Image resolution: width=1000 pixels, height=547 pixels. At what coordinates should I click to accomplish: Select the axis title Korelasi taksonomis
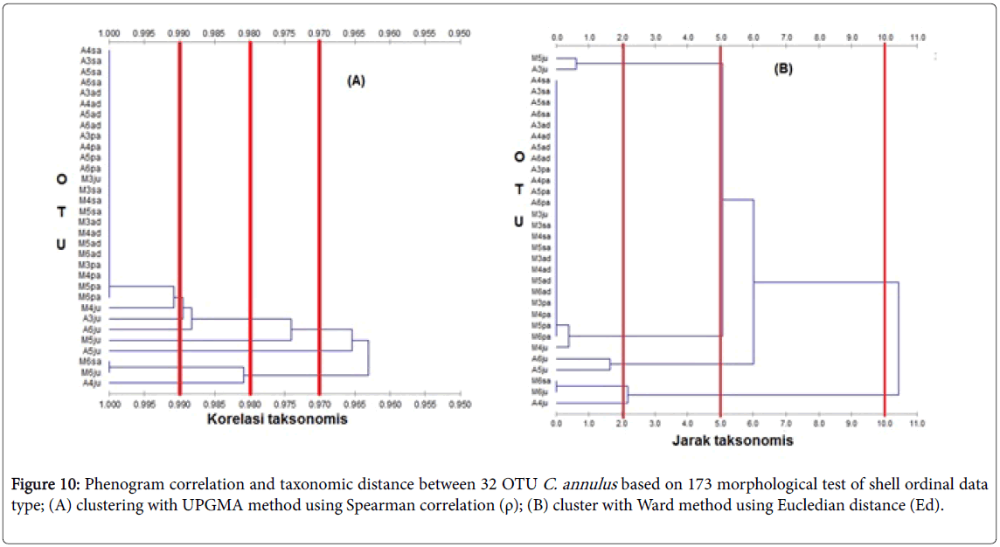tap(277, 419)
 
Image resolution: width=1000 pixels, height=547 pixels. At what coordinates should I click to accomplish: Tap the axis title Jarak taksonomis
tap(733, 440)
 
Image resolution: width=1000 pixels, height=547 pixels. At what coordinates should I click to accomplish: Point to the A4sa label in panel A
tap(90, 51)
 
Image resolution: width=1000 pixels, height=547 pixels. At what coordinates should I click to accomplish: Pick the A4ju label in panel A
tap(91, 383)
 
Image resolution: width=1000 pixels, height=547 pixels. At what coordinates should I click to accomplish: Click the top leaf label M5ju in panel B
tap(539, 59)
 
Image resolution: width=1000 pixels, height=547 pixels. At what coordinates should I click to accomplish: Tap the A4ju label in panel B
tap(539, 403)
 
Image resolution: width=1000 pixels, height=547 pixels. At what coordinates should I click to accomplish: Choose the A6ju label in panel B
tap(539, 359)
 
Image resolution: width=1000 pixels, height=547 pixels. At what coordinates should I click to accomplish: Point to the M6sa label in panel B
tap(539, 381)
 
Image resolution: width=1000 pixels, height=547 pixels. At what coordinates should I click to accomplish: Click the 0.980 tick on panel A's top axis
tap(249, 33)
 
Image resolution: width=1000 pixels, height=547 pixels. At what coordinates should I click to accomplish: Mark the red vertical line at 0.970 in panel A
tap(320, 218)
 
